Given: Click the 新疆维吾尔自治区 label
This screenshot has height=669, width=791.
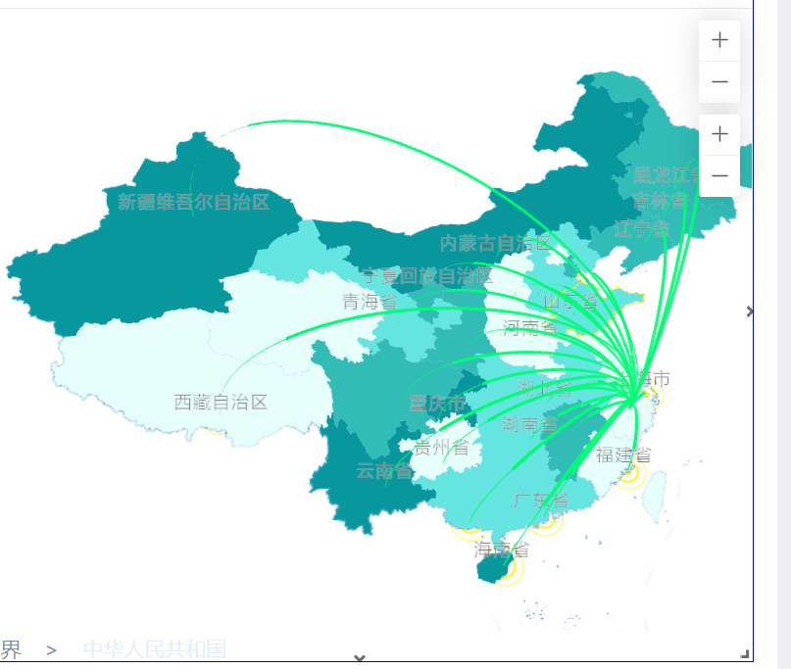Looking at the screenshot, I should (193, 203).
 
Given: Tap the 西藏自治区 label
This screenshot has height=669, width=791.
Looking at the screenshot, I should (221, 402).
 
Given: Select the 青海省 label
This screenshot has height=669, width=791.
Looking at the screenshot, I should (370, 302).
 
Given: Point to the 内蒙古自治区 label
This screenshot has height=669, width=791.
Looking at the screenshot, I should (496, 243).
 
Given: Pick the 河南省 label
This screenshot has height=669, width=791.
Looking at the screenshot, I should (530, 327).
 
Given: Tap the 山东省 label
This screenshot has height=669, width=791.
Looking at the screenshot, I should (570, 301).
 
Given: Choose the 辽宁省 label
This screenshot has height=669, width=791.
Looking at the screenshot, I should (641, 229).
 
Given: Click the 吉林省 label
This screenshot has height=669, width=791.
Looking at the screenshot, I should (660, 201).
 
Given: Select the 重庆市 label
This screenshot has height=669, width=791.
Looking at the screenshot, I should (437, 403).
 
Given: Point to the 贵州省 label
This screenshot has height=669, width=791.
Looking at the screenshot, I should (441, 448).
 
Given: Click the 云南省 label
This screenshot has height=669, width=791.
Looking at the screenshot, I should (383, 471).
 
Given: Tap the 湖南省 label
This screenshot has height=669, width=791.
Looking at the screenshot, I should (529, 425).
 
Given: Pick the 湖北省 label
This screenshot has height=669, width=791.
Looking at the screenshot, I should (545, 388).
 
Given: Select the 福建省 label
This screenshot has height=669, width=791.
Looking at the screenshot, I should (623, 454).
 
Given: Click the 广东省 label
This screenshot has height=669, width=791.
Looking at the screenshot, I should (541, 501).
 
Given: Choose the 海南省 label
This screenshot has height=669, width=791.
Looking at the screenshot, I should (502, 549).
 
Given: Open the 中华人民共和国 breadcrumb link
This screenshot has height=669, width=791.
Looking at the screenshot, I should (155, 648).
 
